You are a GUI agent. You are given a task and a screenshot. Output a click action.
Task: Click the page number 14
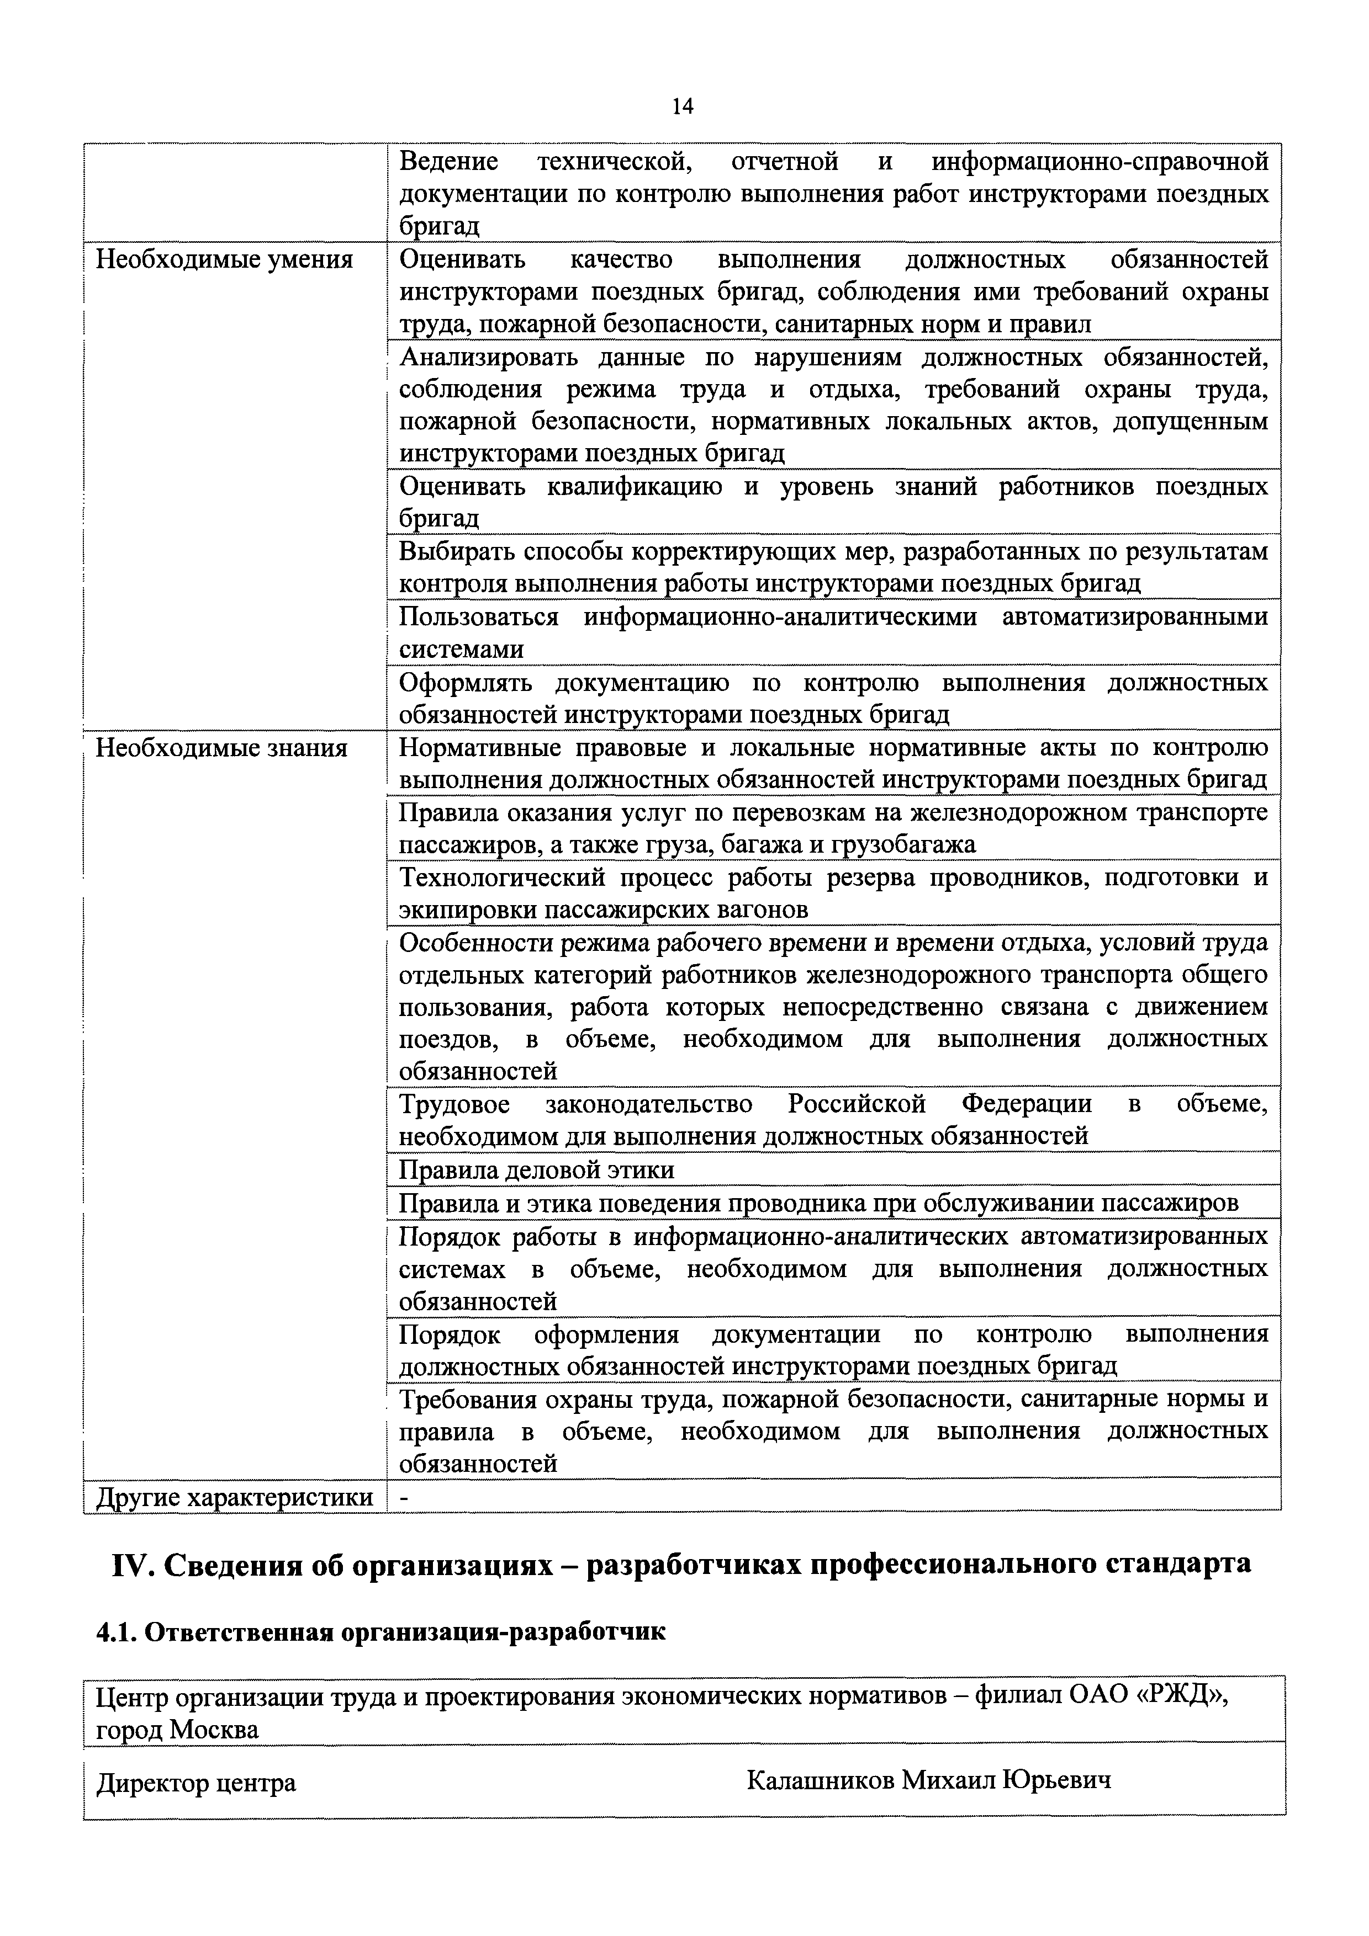pyautogui.click(x=683, y=107)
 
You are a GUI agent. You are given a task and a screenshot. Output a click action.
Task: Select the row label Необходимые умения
pyautogui.click(x=224, y=260)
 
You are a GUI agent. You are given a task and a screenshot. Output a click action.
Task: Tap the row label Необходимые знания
pyautogui.click(x=222, y=748)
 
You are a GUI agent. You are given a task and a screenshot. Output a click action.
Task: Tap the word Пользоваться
pyautogui.click(x=478, y=617)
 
